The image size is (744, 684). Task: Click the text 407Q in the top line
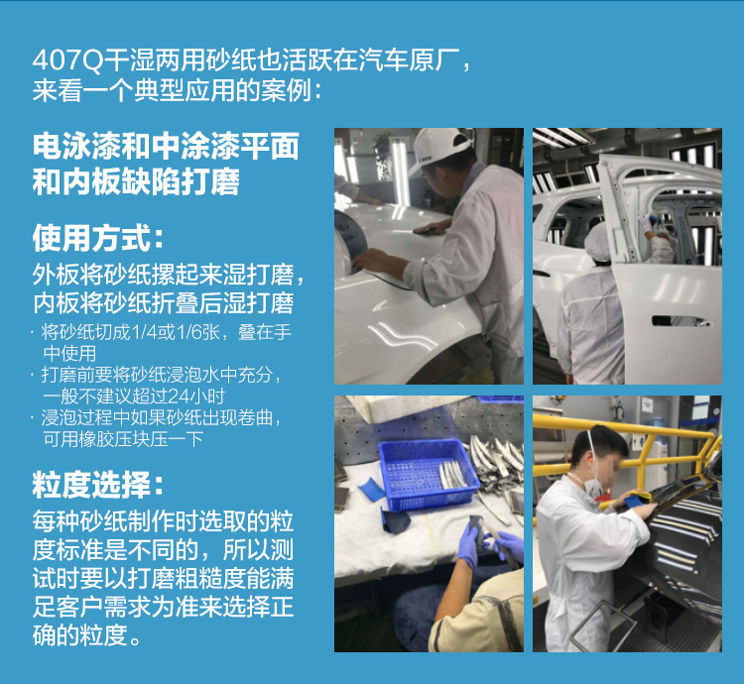(67, 60)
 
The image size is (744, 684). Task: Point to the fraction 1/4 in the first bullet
(145, 332)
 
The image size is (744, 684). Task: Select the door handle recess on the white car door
(682, 321)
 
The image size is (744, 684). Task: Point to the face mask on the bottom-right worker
(592, 485)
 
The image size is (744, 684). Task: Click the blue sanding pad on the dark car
(637, 500)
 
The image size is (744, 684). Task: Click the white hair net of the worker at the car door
(597, 241)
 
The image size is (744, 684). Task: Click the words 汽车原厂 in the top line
(408, 60)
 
